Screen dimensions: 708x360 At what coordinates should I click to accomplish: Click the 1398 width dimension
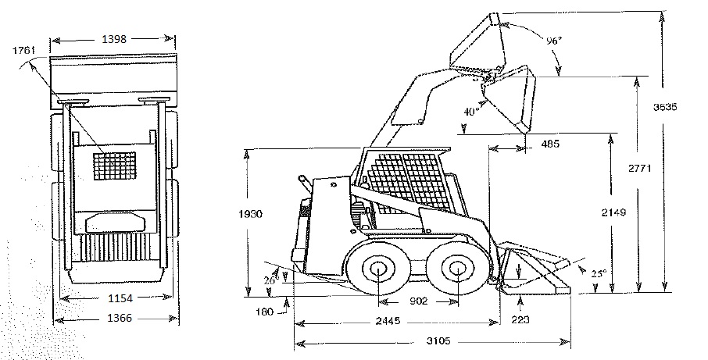coord(114,39)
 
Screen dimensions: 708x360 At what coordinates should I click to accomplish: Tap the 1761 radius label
coord(23,50)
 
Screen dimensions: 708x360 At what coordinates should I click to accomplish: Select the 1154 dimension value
coord(120,298)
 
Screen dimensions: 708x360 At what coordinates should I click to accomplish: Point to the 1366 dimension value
coord(120,319)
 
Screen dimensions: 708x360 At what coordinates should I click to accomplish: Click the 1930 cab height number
coord(250,214)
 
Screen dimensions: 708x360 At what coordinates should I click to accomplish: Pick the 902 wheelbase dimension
coord(418,301)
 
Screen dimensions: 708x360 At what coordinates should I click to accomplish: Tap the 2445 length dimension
coord(388,321)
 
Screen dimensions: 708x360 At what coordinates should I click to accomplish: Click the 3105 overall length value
coord(438,341)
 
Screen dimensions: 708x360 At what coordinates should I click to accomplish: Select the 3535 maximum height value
coord(665,107)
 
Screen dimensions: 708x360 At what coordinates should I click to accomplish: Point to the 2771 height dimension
coord(640,168)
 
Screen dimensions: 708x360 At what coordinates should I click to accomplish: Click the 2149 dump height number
coord(613,212)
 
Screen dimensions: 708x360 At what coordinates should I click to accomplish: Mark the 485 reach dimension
coord(550,144)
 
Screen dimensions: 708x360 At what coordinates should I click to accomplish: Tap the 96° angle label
coord(554,41)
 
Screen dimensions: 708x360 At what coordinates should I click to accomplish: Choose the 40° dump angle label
coord(471,112)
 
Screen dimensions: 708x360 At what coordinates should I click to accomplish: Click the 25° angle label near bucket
coord(599,273)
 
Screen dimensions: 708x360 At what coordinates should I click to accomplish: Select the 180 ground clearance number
coord(264,312)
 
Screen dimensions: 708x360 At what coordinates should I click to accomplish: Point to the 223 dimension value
coord(520,320)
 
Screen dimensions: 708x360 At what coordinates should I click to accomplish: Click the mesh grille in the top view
coord(115,166)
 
